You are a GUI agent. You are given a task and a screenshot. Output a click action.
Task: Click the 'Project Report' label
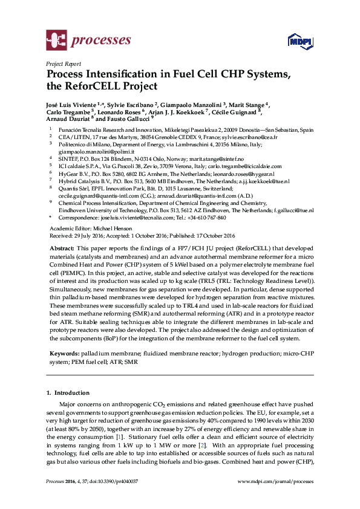tap(64, 63)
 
